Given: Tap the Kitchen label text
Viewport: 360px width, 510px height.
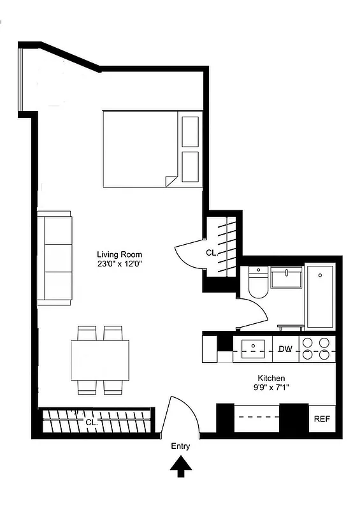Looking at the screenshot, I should [271, 378].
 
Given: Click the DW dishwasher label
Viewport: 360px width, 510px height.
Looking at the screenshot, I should [285, 349].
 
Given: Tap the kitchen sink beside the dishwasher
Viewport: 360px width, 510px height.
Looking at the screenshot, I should [253, 349].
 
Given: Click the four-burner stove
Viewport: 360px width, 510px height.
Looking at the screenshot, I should [317, 349].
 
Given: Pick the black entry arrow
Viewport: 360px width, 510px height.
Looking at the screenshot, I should [180, 469].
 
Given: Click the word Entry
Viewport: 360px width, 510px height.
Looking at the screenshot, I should [180, 447].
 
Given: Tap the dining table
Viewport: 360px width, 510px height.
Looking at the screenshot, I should [100, 360].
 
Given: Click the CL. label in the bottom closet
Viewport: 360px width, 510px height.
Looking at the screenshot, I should [90, 421].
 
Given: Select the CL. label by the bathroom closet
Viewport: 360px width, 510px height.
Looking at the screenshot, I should [211, 253].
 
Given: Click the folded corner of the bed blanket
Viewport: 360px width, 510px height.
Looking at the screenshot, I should [171, 181].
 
